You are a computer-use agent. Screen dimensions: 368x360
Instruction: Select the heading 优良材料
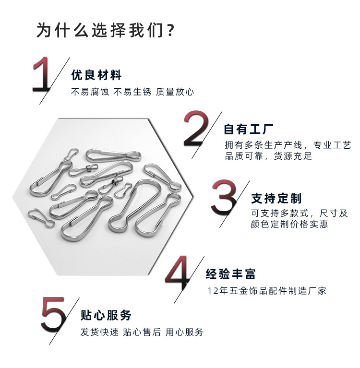pyautogui.click(x=96, y=75)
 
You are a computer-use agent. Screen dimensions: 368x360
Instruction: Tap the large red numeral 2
pyautogui.click(x=196, y=129)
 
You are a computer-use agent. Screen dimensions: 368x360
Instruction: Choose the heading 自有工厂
pyautogui.click(x=249, y=130)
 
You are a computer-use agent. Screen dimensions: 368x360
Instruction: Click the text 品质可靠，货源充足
pyautogui.click(x=269, y=156)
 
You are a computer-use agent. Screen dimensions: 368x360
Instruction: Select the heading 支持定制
pyautogui.click(x=276, y=198)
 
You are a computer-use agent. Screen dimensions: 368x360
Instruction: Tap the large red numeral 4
pyautogui.click(x=180, y=273)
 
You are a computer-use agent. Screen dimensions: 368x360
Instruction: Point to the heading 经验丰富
pyautogui.click(x=231, y=274)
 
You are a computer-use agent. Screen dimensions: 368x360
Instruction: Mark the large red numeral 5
pyautogui.click(x=53, y=314)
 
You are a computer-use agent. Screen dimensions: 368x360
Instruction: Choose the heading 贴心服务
pyautogui.click(x=106, y=315)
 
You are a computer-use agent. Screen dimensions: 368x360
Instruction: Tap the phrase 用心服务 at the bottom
pyautogui.click(x=185, y=332)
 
